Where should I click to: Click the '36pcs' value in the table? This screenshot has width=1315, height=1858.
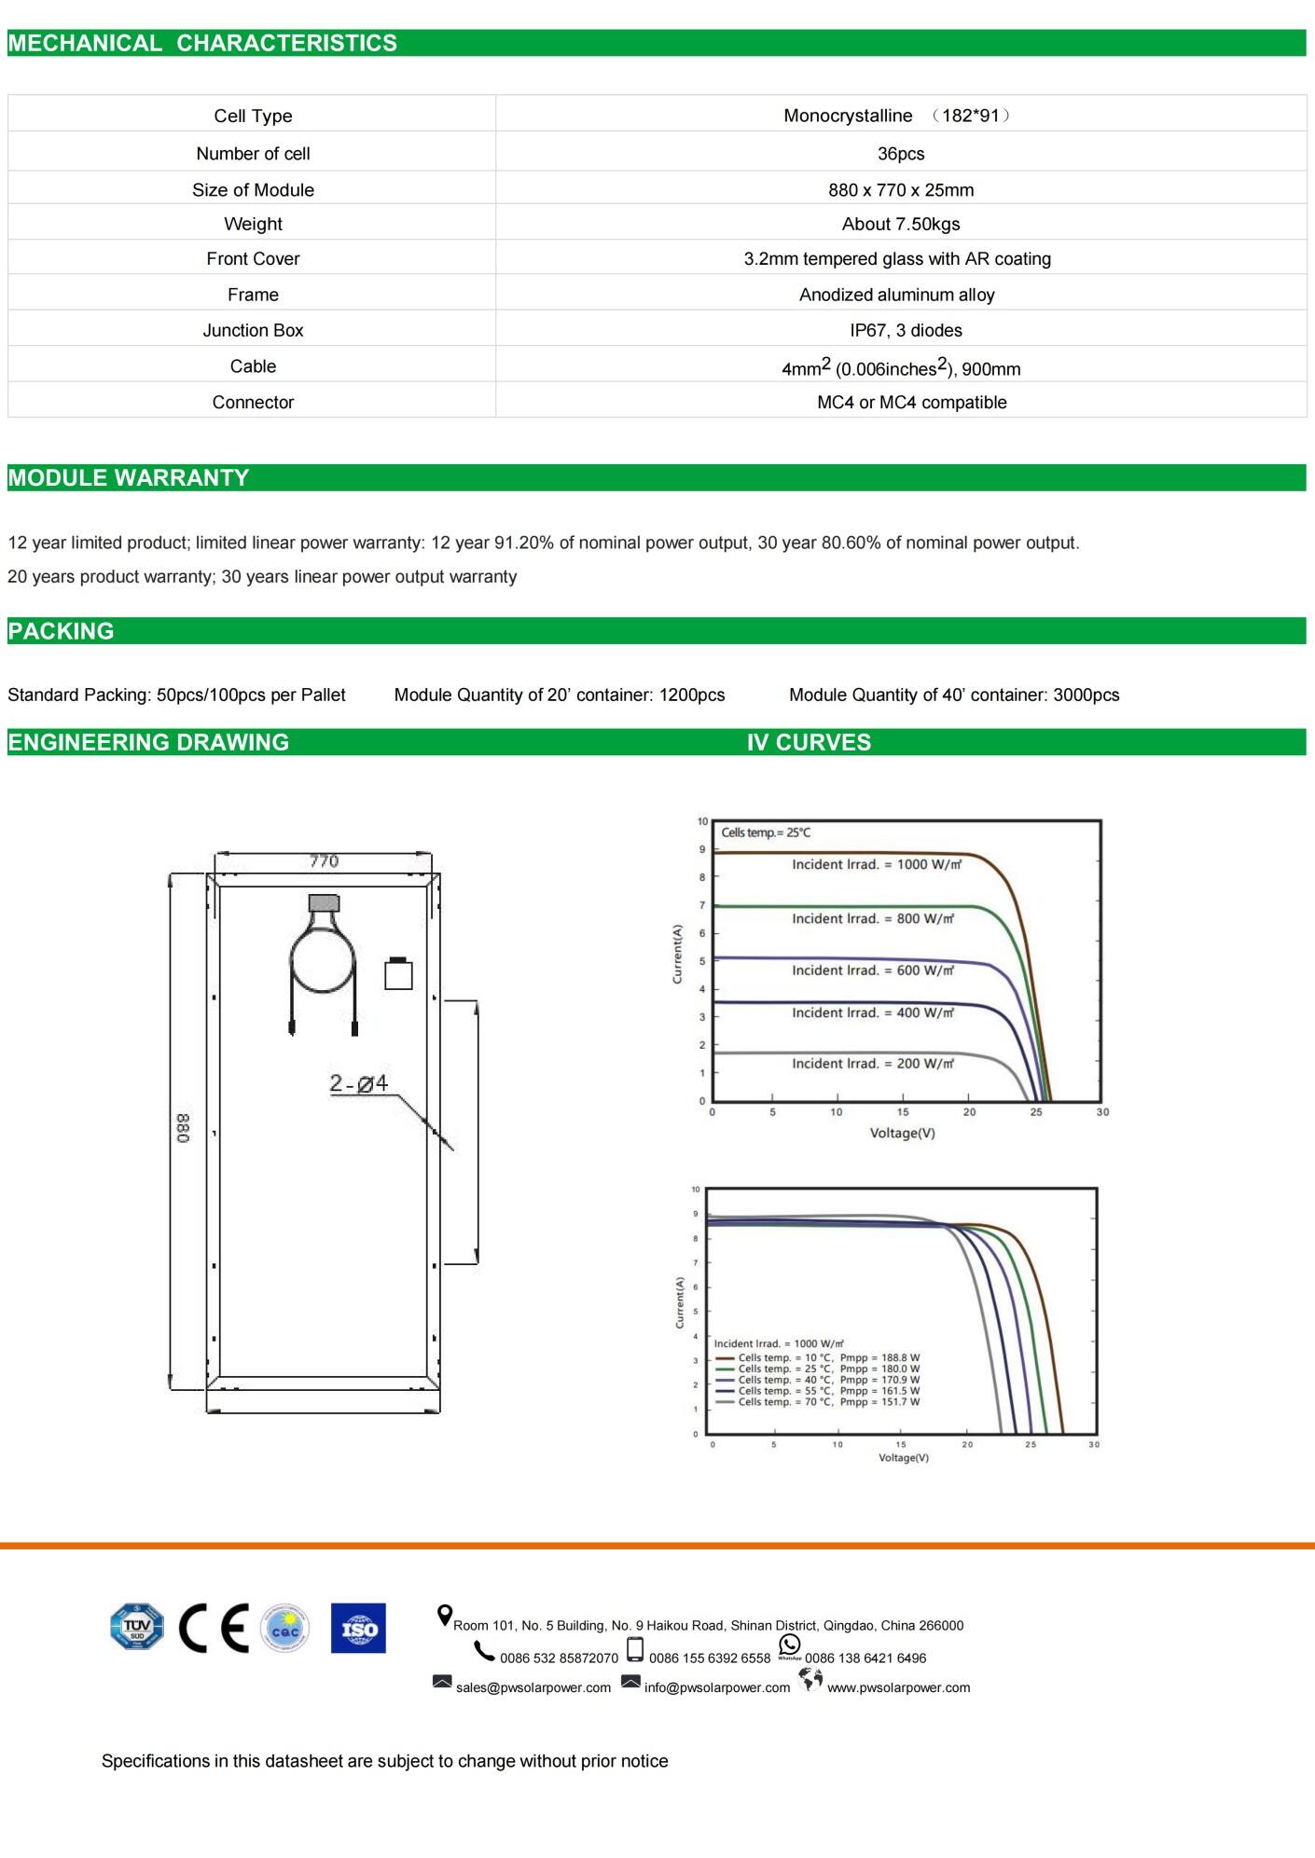click(900, 154)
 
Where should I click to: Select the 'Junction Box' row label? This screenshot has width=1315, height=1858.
click(253, 330)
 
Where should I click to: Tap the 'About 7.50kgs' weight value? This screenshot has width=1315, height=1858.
click(900, 224)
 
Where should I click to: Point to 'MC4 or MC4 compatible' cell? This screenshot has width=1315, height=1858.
click(911, 402)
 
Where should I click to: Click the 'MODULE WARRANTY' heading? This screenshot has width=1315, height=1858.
click(129, 477)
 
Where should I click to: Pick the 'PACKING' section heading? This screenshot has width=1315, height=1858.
click(61, 631)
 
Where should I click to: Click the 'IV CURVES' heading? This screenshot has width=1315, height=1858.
click(809, 742)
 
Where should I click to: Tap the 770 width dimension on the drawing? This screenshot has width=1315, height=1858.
click(324, 861)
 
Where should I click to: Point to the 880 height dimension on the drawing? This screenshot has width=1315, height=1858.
click(183, 1128)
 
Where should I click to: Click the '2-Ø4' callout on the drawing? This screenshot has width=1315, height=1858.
click(358, 1083)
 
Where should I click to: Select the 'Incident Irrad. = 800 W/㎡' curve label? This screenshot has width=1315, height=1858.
click(873, 918)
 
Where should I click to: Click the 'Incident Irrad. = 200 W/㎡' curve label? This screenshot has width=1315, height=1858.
click(873, 1063)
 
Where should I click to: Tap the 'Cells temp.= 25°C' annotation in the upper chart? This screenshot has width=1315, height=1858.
click(766, 833)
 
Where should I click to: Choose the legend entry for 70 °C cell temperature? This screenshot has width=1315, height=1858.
click(818, 1401)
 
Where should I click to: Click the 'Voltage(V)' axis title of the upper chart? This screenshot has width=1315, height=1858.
click(902, 1133)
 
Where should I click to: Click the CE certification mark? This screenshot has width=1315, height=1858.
click(215, 1629)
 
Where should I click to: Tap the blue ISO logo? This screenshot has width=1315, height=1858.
click(358, 1629)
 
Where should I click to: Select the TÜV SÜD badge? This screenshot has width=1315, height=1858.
click(136, 1627)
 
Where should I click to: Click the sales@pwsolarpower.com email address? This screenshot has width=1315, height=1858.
click(533, 1687)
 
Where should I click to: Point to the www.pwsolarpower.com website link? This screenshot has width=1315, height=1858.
click(898, 1687)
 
